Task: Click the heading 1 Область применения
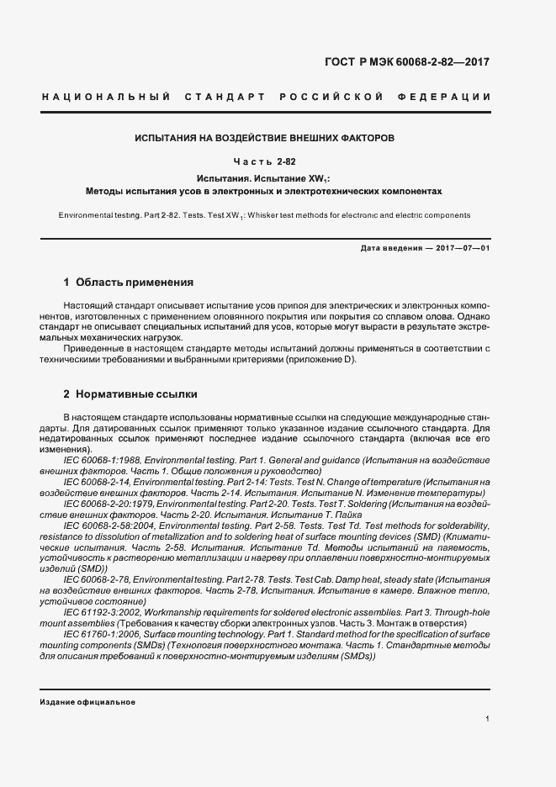tap(129, 283)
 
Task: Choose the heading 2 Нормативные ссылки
tap(130, 393)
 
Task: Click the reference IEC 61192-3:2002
tap(105, 613)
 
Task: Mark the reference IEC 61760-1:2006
tap(105, 634)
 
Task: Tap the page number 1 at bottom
tap(488, 719)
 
